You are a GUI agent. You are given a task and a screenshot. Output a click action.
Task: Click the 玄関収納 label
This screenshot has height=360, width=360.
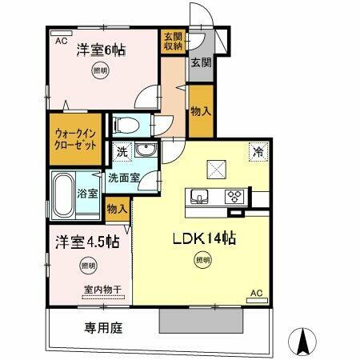pyautogui.click(x=173, y=41)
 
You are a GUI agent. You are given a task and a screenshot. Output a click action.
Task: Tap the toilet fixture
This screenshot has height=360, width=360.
pyautogui.click(x=126, y=124)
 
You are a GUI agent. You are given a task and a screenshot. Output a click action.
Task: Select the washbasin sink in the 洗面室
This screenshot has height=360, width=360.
pyautogui.click(x=144, y=152)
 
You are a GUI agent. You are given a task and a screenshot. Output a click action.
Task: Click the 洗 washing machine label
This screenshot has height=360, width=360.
pyautogui.click(x=122, y=150)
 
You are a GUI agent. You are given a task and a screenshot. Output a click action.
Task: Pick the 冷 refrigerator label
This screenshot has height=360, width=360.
pyautogui.click(x=258, y=151)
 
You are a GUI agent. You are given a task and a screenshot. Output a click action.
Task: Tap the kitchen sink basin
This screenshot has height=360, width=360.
pyautogui.click(x=199, y=195)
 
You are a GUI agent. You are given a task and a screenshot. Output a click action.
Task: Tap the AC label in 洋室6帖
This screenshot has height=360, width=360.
pyautogui.click(x=59, y=37)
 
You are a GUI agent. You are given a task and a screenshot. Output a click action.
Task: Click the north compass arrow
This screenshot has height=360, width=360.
pyautogui.click(x=304, y=341)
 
